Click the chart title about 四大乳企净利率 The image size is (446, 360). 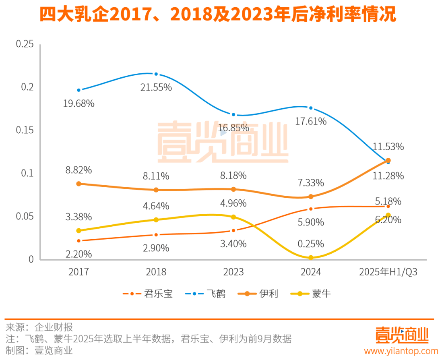[217, 15]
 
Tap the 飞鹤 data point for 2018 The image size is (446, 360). [156, 74]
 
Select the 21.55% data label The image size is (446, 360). [156, 87]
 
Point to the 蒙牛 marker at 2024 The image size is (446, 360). [311, 257]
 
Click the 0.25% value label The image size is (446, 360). [311, 244]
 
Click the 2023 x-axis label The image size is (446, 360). [233, 272]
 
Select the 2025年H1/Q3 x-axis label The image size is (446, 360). [388, 272]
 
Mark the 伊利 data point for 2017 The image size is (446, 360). [79, 184]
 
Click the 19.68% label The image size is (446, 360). [79, 103]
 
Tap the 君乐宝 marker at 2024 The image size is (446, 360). [311, 209]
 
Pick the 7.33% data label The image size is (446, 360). [311, 183]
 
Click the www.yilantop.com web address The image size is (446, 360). [401, 351]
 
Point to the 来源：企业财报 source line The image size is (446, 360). [39, 327]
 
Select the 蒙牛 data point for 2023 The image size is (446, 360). [233, 217]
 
